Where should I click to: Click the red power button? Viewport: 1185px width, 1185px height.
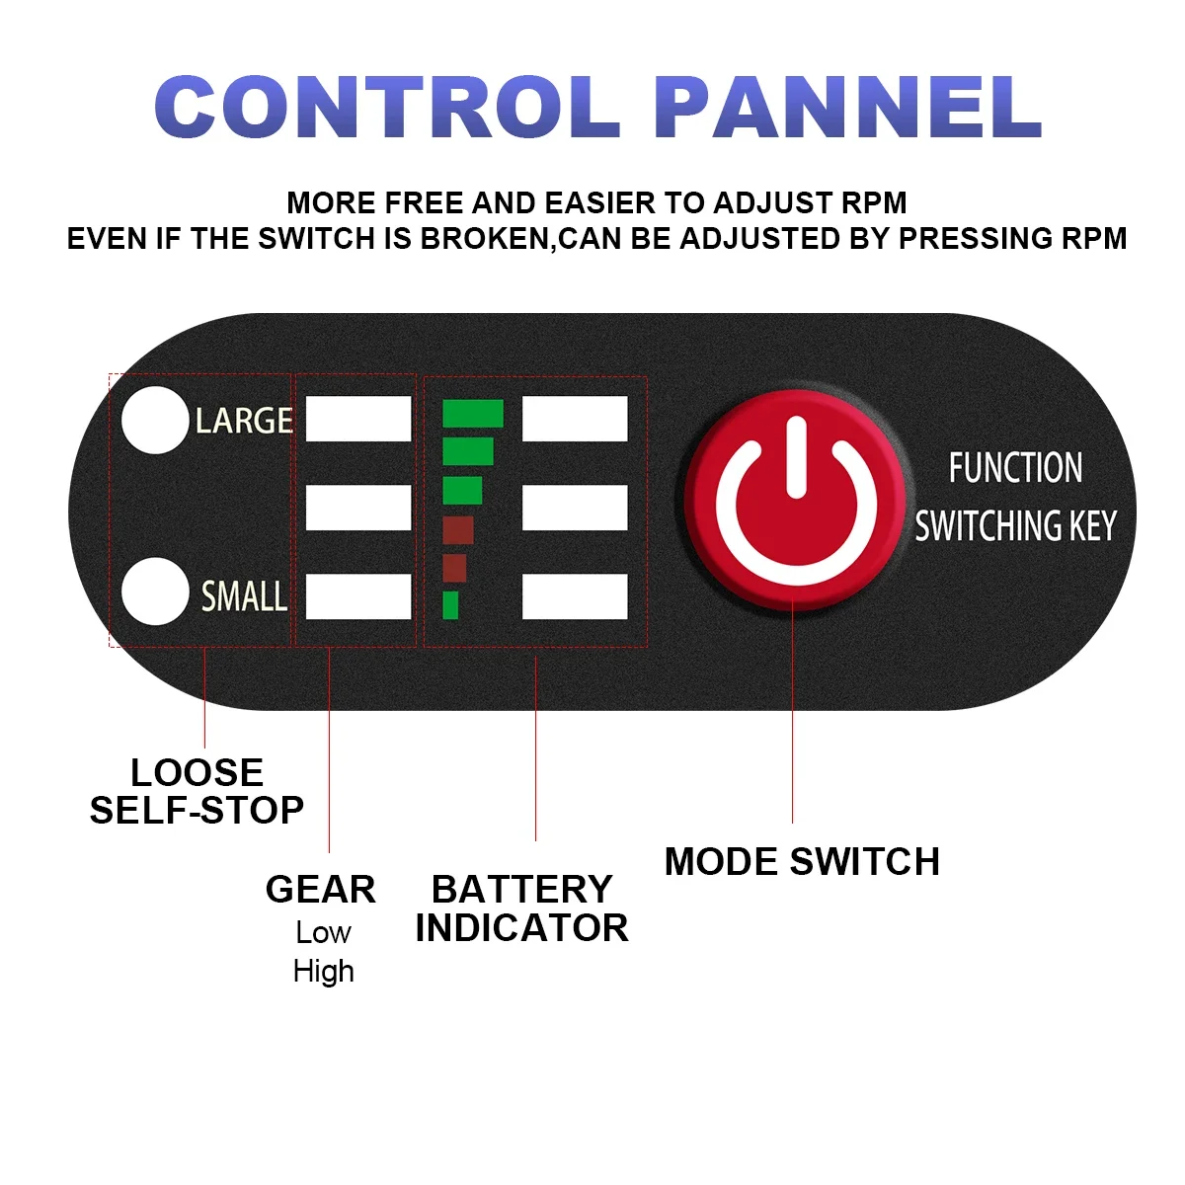click(x=795, y=499)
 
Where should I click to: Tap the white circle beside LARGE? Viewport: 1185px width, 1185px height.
click(x=155, y=421)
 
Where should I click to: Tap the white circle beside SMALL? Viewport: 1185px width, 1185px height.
click(x=155, y=592)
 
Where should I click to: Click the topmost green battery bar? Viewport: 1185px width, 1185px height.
click(x=472, y=414)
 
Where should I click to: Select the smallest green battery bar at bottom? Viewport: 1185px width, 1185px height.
click(x=450, y=604)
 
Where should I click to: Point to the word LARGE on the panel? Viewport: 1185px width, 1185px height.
click(x=244, y=422)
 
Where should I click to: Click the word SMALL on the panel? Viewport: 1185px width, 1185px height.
click(x=244, y=596)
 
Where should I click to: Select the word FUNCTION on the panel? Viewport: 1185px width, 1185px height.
click(x=1015, y=468)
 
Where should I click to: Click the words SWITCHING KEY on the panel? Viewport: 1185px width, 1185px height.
click(x=1015, y=526)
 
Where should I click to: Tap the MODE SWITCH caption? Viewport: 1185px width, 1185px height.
click(x=802, y=862)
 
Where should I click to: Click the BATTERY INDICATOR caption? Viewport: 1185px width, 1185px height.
click(x=521, y=908)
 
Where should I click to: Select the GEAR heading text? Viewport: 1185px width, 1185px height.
click(x=321, y=890)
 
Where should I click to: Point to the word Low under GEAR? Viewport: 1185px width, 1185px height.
click(x=323, y=932)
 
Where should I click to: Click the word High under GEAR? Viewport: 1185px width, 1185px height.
click(x=323, y=972)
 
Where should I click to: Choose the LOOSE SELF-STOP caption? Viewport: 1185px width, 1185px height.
click(x=197, y=791)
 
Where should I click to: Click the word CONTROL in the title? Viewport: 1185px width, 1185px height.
click(x=387, y=107)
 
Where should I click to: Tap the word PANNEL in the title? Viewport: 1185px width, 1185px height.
click(x=847, y=107)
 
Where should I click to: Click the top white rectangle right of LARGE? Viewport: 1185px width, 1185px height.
click(x=358, y=419)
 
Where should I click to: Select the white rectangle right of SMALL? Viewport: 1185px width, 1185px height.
click(x=358, y=596)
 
